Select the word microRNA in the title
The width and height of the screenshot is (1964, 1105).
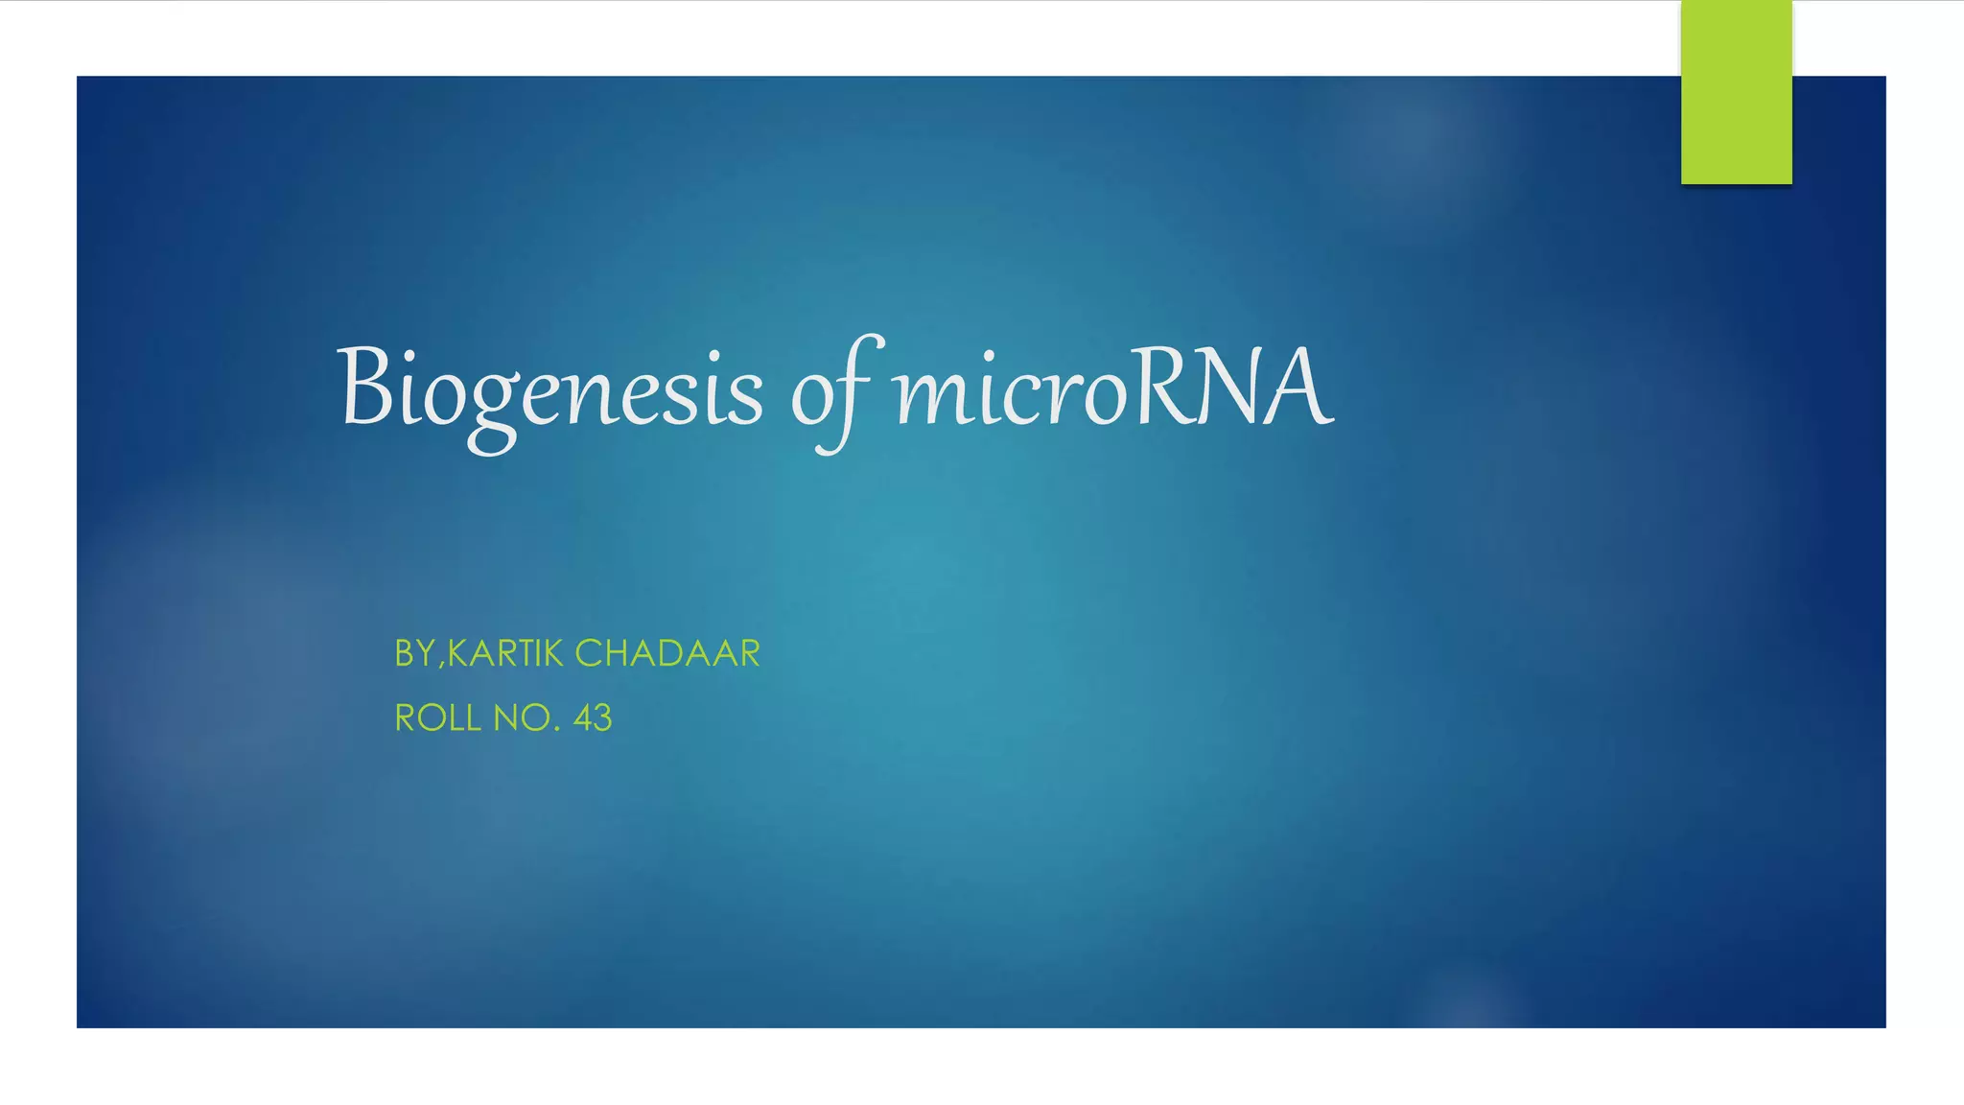[x=1112, y=388]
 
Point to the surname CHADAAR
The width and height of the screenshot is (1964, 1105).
[x=667, y=654]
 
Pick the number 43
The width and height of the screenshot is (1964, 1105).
[x=593, y=718]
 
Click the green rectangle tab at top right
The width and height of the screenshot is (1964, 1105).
[x=1736, y=92]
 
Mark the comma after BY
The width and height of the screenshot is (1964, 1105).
[x=441, y=666]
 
